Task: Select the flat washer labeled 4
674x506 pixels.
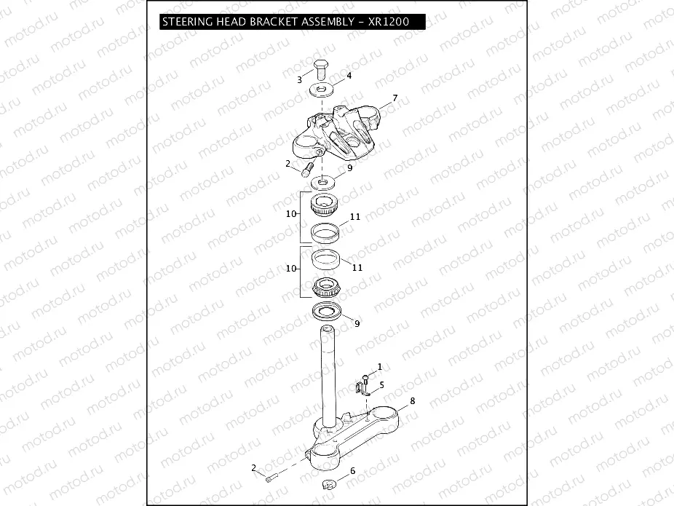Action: pyautogui.click(x=320, y=90)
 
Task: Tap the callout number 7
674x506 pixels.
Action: pyautogui.click(x=395, y=98)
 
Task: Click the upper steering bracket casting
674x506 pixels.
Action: pyautogui.click(x=338, y=131)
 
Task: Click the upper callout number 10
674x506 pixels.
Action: pyautogui.click(x=291, y=214)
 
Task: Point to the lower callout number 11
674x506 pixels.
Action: pyautogui.click(x=357, y=267)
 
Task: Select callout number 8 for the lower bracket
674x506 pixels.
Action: pyautogui.click(x=412, y=400)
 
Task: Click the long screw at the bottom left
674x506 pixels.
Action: pyautogui.click(x=271, y=478)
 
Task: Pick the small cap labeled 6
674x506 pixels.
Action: pyautogui.click(x=330, y=484)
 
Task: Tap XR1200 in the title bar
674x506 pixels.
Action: pyautogui.click(x=390, y=22)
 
